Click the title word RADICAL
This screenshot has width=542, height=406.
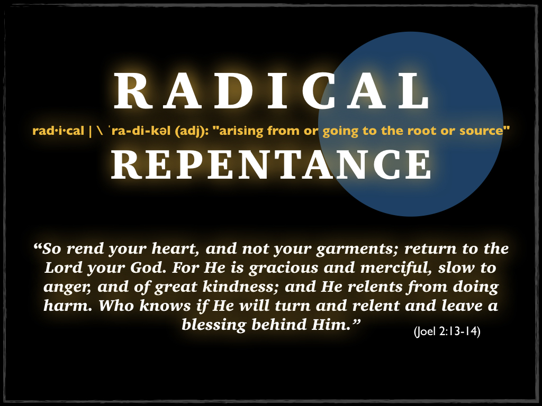(272, 90)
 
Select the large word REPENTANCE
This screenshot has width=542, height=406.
(272, 165)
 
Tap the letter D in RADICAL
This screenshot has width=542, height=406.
(236, 90)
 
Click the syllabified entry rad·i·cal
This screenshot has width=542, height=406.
(58, 131)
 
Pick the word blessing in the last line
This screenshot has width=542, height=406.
(214, 325)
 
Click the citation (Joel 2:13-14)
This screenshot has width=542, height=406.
(447, 331)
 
